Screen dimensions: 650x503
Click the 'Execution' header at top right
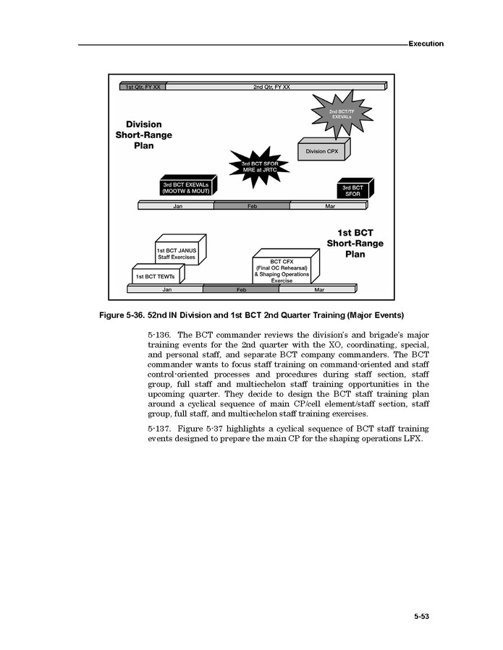tap(426, 43)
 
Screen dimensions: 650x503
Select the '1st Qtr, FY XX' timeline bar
tap(143, 87)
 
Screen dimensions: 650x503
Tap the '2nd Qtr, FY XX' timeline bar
tap(271, 87)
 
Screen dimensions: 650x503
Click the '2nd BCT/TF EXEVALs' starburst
tap(341, 114)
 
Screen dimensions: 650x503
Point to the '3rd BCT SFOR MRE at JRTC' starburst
tap(258, 166)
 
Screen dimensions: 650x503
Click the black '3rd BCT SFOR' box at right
tap(353, 190)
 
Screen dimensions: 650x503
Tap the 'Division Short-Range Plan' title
tap(138, 134)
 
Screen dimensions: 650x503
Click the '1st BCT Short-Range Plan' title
tap(355, 244)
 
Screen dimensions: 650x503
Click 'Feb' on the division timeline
tap(252, 206)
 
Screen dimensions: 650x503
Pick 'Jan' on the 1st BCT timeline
tap(166, 289)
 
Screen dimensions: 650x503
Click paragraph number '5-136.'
tap(158, 335)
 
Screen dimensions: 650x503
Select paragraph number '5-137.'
tap(158, 429)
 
